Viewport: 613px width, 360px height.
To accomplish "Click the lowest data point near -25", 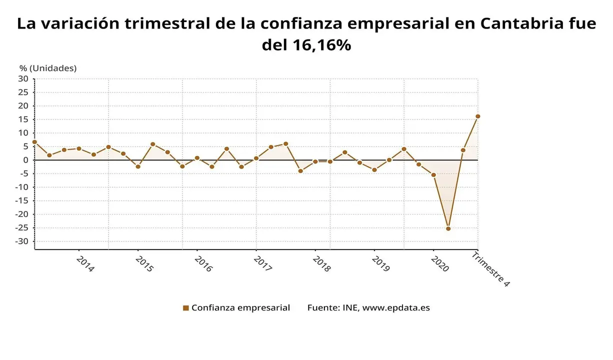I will [448, 228].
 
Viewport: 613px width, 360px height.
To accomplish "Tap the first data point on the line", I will [34, 142].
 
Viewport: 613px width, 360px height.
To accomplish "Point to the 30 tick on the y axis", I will [23, 78].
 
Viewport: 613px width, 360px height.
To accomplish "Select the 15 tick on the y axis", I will [23, 119].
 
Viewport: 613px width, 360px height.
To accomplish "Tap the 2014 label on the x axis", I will [85, 264].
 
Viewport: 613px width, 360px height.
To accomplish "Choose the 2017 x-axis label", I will [262, 264].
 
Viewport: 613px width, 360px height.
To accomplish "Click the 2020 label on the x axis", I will [440, 264].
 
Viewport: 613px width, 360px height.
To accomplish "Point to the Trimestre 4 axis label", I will [490, 269].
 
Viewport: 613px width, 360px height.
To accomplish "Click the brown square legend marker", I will [186, 308].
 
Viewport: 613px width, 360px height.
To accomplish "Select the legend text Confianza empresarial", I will [240, 308].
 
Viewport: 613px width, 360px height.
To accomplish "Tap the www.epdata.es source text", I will [396, 308].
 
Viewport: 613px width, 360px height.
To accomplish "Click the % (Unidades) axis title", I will [48, 68].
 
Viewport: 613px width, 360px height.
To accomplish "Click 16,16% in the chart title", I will [320, 45].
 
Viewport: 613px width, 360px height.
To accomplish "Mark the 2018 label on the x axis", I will [321, 264].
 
